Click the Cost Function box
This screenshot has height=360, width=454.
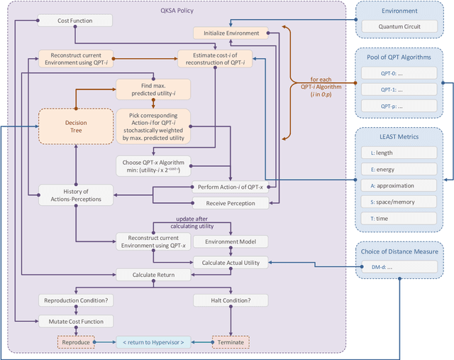[x=74, y=21]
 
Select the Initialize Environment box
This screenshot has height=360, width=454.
[x=231, y=33]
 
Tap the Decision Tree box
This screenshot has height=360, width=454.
[x=76, y=126]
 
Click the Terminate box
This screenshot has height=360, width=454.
[x=231, y=341]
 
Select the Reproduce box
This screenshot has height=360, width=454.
[x=75, y=341]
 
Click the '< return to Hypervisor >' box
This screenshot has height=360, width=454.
[x=153, y=341]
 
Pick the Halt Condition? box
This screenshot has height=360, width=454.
[x=231, y=300]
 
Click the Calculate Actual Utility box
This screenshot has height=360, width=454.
[x=231, y=262]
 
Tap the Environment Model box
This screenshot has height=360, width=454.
[x=231, y=241]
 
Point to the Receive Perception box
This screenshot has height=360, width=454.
[x=231, y=203]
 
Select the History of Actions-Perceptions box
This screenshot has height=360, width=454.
[x=75, y=195]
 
